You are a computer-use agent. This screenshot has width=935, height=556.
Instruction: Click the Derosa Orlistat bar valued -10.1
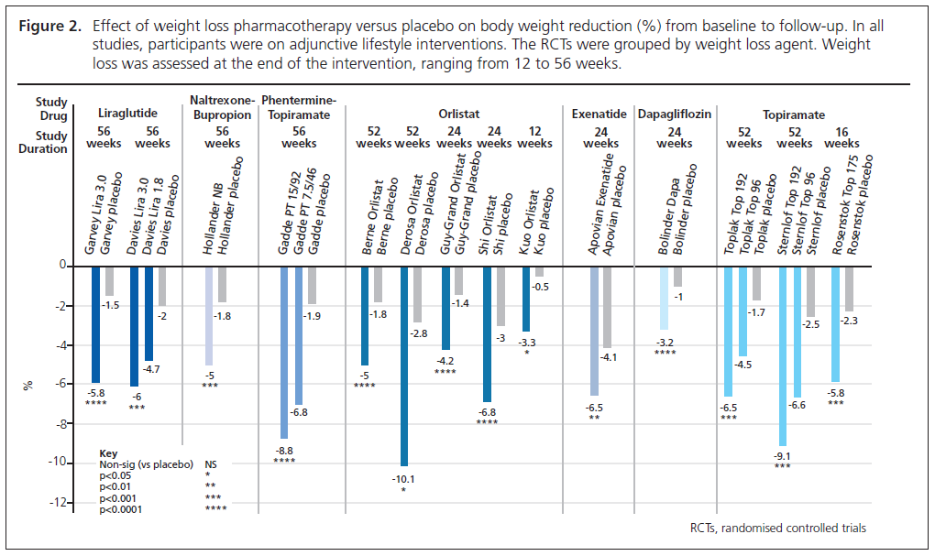coord(404,365)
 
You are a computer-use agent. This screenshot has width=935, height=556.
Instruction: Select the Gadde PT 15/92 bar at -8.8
coord(284,353)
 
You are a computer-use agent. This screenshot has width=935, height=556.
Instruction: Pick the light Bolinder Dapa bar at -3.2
coord(664,298)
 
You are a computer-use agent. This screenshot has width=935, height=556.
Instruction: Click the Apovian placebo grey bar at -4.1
coord(607,307)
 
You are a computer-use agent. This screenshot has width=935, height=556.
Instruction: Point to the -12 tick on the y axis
coord(61,502)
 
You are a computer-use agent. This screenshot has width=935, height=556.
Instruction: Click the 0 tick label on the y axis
coord(65,266)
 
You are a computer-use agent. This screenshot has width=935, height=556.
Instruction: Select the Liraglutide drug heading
coord(128,115)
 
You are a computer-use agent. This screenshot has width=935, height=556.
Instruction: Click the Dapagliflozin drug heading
coord(675,115)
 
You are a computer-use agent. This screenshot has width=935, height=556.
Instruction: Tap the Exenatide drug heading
coord(599,115)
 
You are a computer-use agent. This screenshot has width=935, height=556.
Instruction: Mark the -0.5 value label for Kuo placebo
coord(543,287)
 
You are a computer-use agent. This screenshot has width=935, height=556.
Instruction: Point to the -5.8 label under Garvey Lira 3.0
coord(96,392)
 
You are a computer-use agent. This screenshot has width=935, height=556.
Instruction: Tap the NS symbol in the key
coord(212,464)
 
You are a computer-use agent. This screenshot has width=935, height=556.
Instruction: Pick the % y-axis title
coord(27,385)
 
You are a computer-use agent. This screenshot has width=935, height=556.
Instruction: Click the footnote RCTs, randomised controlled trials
coord(777,528)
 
